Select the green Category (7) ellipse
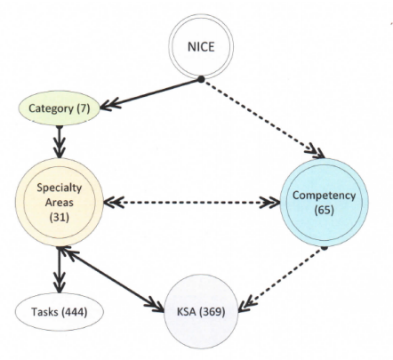tap(59, 108)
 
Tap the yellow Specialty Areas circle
tap(60, 203)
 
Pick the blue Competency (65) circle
tap(324, 203)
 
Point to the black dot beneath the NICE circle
tap(201, 79)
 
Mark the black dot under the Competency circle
tap(325, 247)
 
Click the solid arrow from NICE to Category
tap(150, 93)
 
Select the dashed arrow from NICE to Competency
tap(263, 118)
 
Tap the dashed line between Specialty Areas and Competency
tap(192, 203)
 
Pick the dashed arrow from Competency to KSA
tap(281, 279)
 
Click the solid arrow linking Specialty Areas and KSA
tap(112, 279)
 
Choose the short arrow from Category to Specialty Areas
tap(60, 141)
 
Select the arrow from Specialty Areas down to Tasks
tap(60, 269)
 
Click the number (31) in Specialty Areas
tap(60, 217)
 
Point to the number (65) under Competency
tap(325, 210)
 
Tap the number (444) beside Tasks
tap(74, 312)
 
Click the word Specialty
tap(60, 188)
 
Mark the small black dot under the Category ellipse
tap(60, 127)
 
